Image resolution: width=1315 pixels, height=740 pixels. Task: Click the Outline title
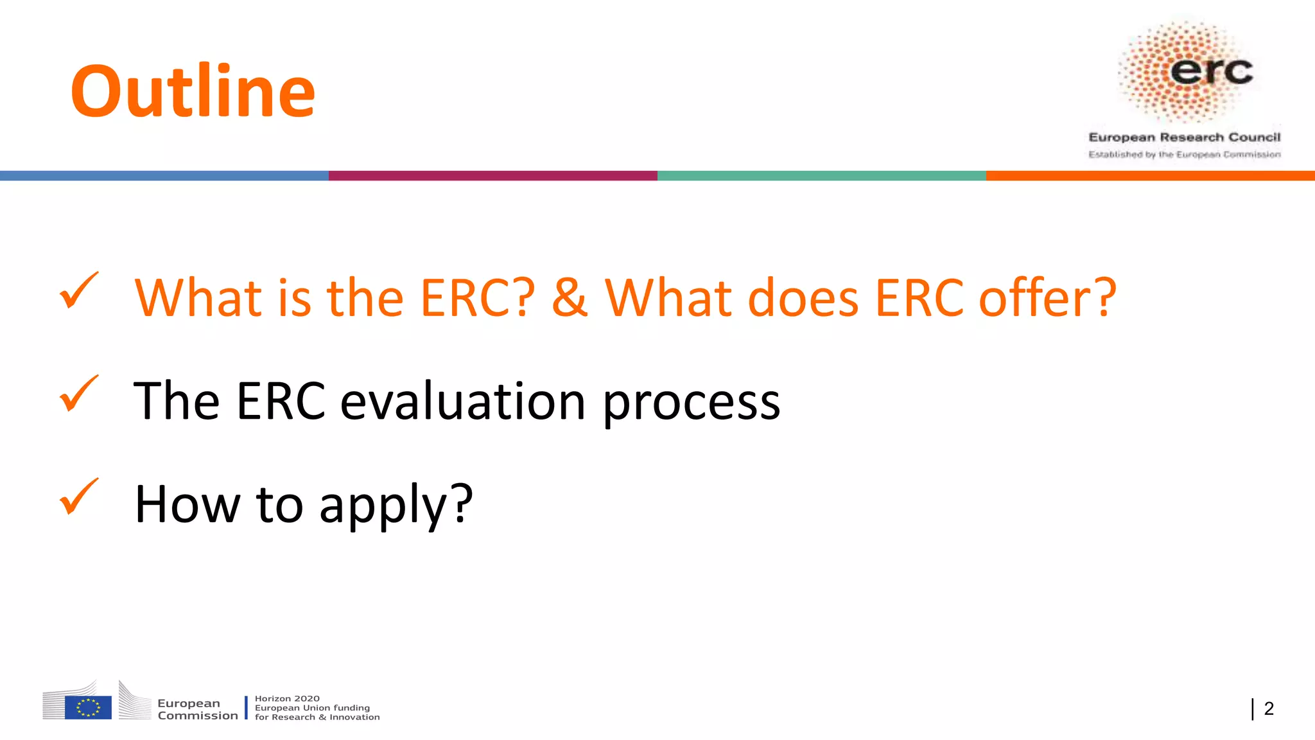click(x=193, y=91)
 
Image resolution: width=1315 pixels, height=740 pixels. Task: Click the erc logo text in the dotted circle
click(x=1211, y=71)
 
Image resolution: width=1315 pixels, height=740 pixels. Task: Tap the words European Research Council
click(x=1184, y=137)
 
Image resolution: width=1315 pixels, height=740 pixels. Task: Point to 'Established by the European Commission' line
click(x=1184, y=155)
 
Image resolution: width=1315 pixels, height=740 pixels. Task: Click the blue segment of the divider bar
click(x=164, y=175)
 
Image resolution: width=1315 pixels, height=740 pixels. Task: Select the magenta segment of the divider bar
click(x=493, y=175)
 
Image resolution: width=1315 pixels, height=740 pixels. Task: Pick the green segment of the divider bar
click(x=822, y=175)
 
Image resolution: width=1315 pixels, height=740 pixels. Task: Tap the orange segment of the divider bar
click(x=1151, y=175)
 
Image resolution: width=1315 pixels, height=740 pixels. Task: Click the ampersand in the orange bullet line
click(x=569, y=298)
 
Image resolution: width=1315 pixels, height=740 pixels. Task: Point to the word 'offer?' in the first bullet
click(x=1047, y=298)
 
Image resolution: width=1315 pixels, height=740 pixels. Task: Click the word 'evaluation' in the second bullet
click(x=462, y=401)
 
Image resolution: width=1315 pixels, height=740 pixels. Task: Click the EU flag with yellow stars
click(x=88, y=707)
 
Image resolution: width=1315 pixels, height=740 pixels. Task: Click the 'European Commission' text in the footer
click(x=197, y=709)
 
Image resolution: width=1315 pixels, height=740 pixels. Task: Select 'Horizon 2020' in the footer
click(x=287, y=698)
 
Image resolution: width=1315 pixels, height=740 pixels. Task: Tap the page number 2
click(x=1268, y=709)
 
